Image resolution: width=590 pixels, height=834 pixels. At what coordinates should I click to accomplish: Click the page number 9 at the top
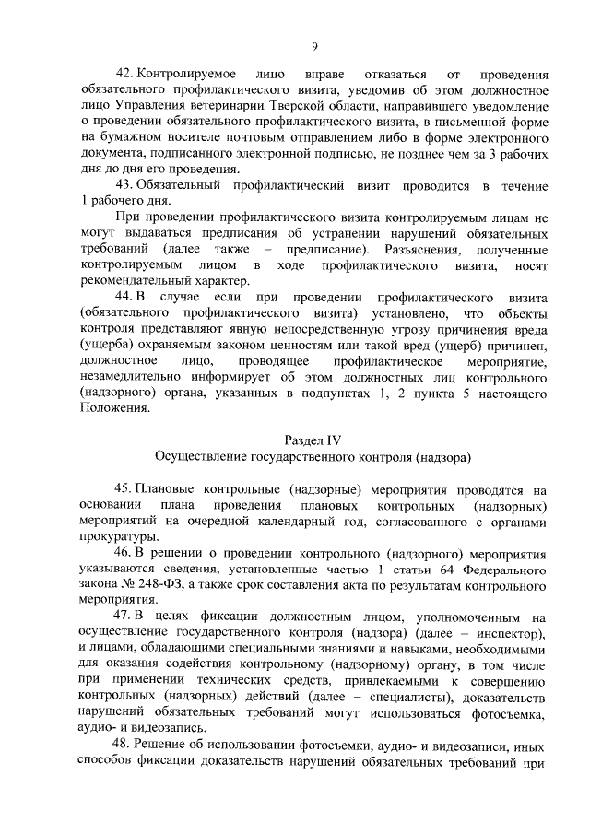tap(314, 47)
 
